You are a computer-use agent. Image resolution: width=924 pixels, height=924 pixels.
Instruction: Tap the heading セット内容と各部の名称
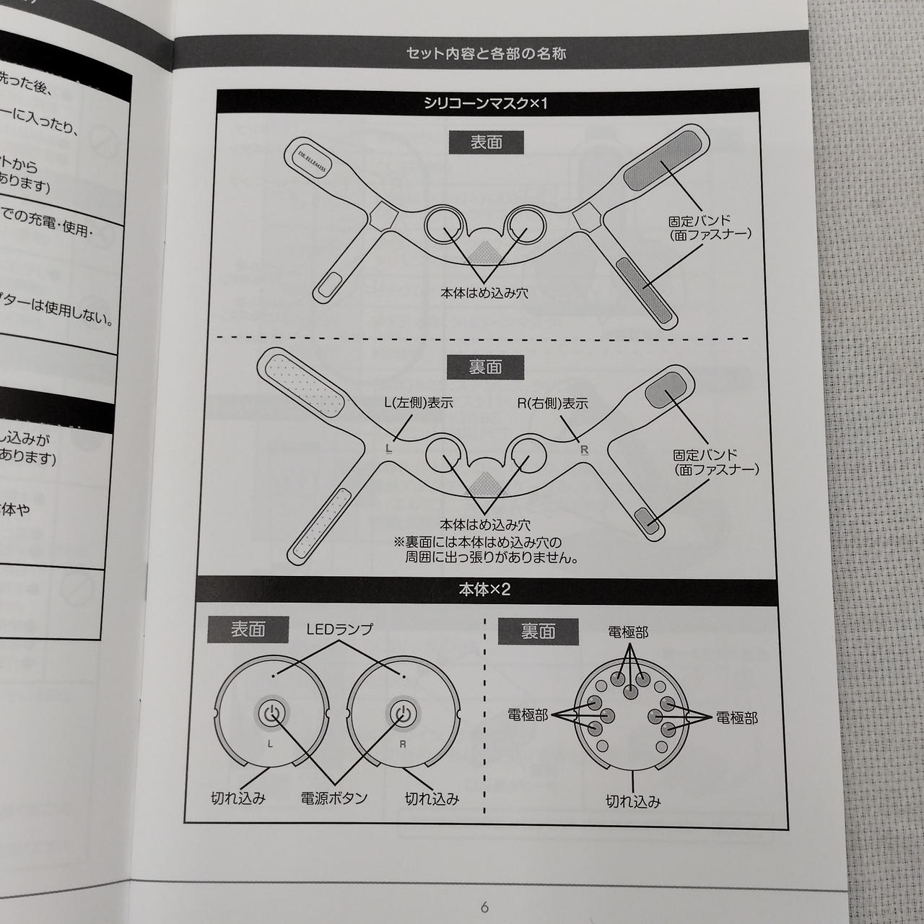coord(487,53)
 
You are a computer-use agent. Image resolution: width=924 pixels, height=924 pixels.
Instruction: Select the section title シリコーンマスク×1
coord(487,103)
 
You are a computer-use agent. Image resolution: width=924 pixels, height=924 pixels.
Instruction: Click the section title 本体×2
coord(485,590)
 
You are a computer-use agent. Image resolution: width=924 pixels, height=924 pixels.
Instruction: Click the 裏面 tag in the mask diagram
coord(486,367)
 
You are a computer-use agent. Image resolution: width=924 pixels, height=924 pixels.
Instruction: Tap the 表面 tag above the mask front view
coord(486,142)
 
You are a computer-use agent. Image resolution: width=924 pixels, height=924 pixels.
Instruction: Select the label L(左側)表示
coord(419,404)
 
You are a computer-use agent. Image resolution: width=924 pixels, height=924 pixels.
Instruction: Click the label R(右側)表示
coord(553,404)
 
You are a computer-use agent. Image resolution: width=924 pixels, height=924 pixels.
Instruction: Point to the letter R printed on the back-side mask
coord(585,450)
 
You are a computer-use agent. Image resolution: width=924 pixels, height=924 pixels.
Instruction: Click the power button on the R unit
coord(402,713)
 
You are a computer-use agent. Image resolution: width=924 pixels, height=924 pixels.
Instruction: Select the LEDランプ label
coord(339,629)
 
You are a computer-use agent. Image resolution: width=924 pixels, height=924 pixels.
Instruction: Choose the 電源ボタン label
coord(334,798)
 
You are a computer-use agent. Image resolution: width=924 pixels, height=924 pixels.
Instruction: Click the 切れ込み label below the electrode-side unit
coord(633,801)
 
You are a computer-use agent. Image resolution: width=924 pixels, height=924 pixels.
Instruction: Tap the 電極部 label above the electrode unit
coord(628,632)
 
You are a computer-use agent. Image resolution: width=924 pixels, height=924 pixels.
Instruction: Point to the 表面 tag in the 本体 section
coord(248,629)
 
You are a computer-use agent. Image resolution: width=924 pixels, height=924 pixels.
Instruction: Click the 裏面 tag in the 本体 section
coord(538,632)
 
